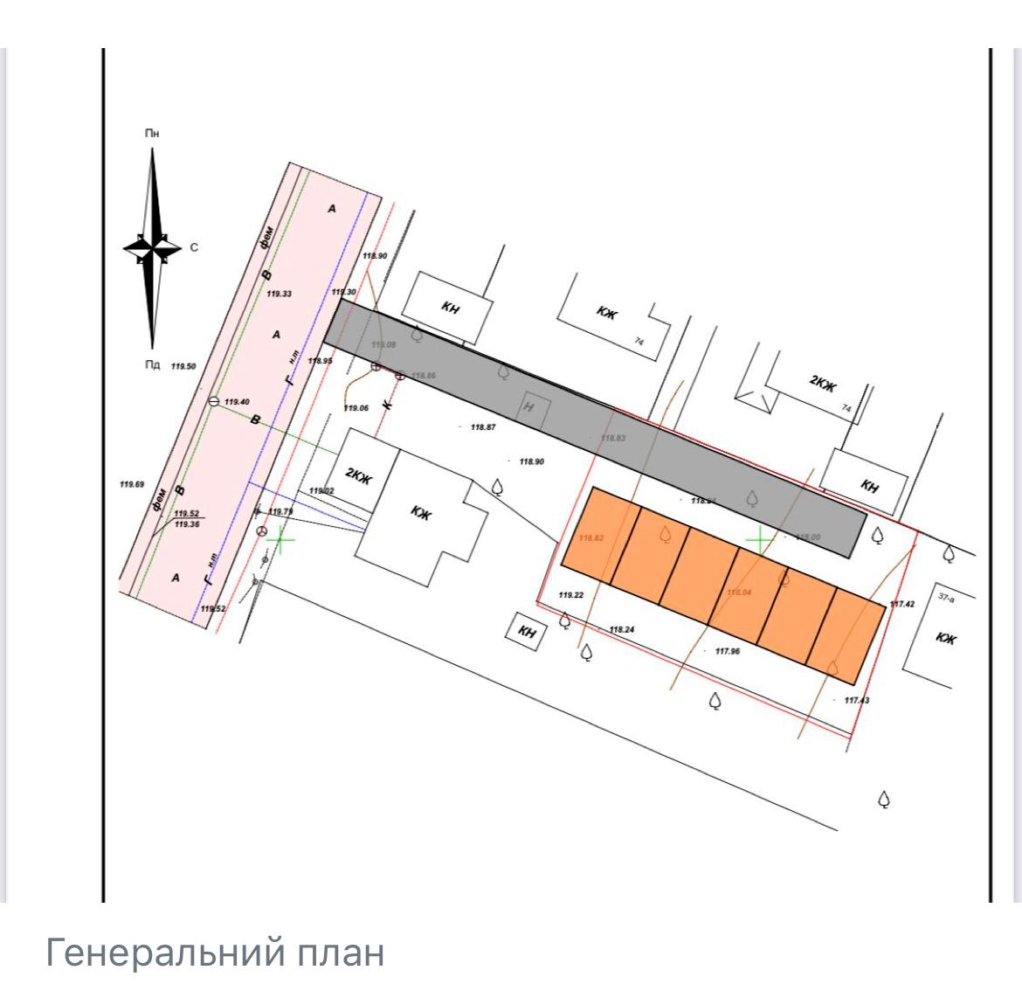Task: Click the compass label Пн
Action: tap(152, 134)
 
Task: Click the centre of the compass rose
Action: tap(153, 247)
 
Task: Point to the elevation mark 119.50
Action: tap(183, 366)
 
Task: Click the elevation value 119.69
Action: tap(132, 483)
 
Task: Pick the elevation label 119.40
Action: tap(237, 402)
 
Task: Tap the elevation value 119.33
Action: tap(280, 295)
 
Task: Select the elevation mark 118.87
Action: tap(483, 427)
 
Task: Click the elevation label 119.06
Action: tap(356, 408)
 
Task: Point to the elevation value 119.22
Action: tap(570, 595)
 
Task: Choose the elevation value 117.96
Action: tap(727, 651)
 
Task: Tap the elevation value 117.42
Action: tap(901, 604)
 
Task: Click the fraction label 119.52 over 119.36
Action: tap(187, 519)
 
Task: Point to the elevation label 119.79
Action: tap(281, 512)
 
